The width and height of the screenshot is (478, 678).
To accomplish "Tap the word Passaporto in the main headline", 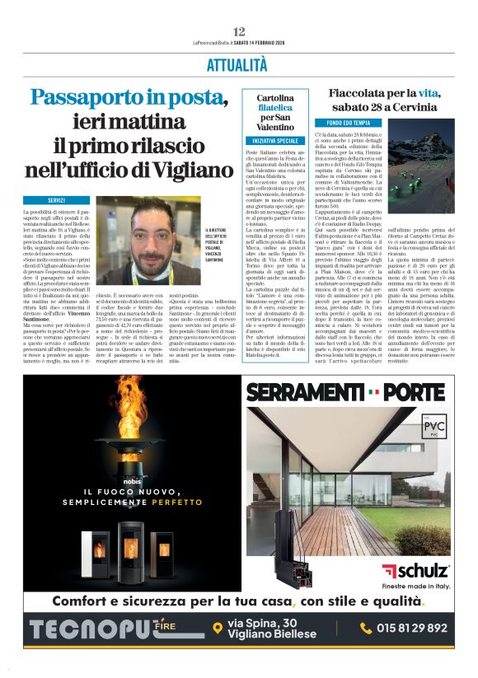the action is click(111, 97).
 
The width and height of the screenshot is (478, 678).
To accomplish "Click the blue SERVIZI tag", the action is click(56, 200).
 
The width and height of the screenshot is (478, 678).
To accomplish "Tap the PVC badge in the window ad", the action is click(425, 428).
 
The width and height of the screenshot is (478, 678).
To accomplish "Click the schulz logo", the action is click(416, 568).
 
